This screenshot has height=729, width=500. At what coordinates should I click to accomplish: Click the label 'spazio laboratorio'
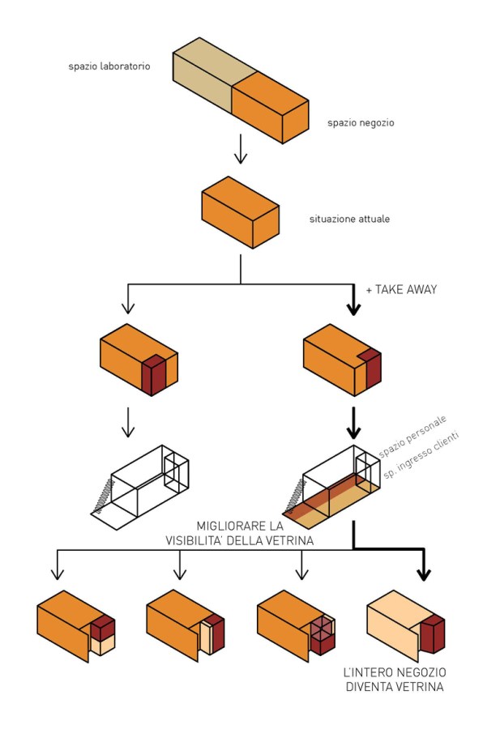[109, 66]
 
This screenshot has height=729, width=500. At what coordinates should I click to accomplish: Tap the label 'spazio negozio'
[361, 123]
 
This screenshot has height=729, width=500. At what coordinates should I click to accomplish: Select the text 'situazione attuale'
[349, 219]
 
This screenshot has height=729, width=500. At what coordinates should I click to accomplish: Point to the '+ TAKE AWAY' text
[401, 289]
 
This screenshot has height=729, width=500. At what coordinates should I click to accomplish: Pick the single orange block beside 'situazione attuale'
[240, 212]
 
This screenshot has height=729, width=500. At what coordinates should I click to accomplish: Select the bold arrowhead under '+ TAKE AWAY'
[353, 308]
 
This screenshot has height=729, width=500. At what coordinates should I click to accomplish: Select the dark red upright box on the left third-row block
[154, 374]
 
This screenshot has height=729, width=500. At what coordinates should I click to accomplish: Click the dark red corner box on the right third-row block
[370, 369]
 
